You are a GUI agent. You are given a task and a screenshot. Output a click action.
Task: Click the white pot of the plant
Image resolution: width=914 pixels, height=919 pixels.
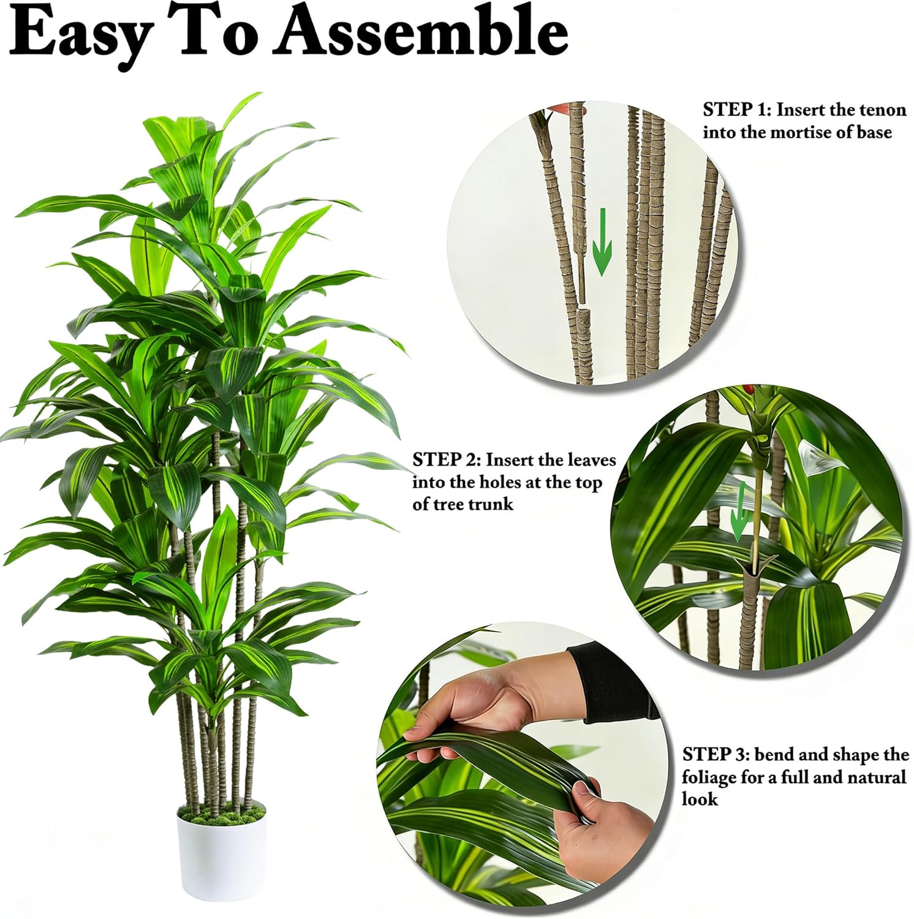[x=222, y=858]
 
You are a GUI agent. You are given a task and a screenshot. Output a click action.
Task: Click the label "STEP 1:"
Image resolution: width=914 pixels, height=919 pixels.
[x=737, y=110]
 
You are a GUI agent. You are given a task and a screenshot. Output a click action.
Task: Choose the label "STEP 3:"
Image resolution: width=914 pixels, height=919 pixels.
[x=716, y=754]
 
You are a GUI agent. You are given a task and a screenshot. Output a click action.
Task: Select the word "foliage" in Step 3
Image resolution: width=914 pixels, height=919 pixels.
[x=709, y=778]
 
